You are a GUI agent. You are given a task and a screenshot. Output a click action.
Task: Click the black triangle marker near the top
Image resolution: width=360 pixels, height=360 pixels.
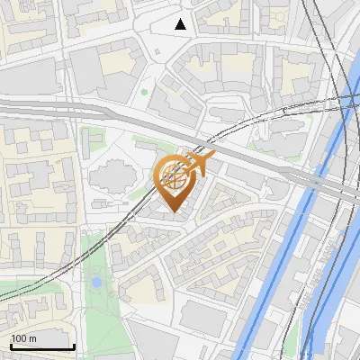tap(181, 23)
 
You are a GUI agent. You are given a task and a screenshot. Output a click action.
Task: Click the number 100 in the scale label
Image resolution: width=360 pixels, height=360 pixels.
tap(19, 338)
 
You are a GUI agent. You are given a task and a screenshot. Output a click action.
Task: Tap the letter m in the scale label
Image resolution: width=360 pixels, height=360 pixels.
tap(32, 338)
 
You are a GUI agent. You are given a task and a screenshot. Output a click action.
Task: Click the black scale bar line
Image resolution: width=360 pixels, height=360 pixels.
tap(41, 346)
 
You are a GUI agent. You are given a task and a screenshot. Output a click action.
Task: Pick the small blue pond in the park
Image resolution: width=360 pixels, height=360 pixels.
tap(96, 282)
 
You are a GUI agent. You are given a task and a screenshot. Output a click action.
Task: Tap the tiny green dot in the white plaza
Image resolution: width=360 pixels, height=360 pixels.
tap(144, 91)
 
